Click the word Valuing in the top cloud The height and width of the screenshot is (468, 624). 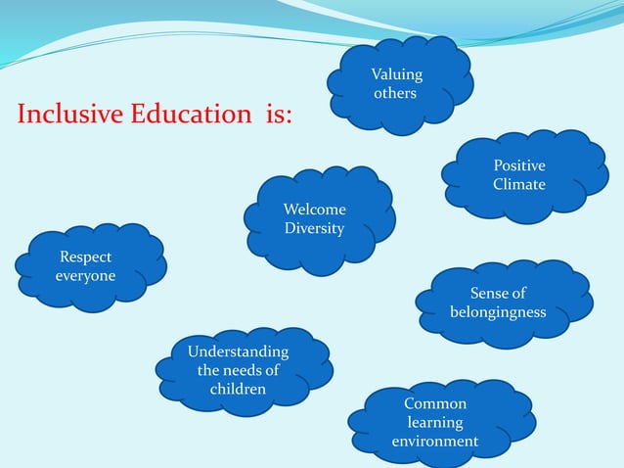(x=397, y=75)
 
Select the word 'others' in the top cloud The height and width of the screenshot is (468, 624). (x=395, y=93)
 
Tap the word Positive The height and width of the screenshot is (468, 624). (x=519, y=166)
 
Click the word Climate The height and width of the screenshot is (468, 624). (x=519, y=184)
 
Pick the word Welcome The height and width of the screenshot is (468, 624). (x=314, y=210)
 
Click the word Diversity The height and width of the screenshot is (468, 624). (x=314, y=228)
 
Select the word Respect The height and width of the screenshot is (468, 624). (x=86, y=257)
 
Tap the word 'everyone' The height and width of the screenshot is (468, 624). (x=85, y=276)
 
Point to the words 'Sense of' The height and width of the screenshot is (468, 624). (x=498, y=294)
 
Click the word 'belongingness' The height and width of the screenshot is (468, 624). (x=498, y=312)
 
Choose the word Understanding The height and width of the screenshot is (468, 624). (x=238, y=351)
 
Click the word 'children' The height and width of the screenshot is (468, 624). (x=238, y=389)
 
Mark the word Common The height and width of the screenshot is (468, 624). (x=435, y=403)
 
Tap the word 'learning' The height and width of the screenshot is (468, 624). (x=435, y=422)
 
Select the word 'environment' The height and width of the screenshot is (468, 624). (x=435, y=441)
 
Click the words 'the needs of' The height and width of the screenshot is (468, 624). (x=238, y=370)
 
